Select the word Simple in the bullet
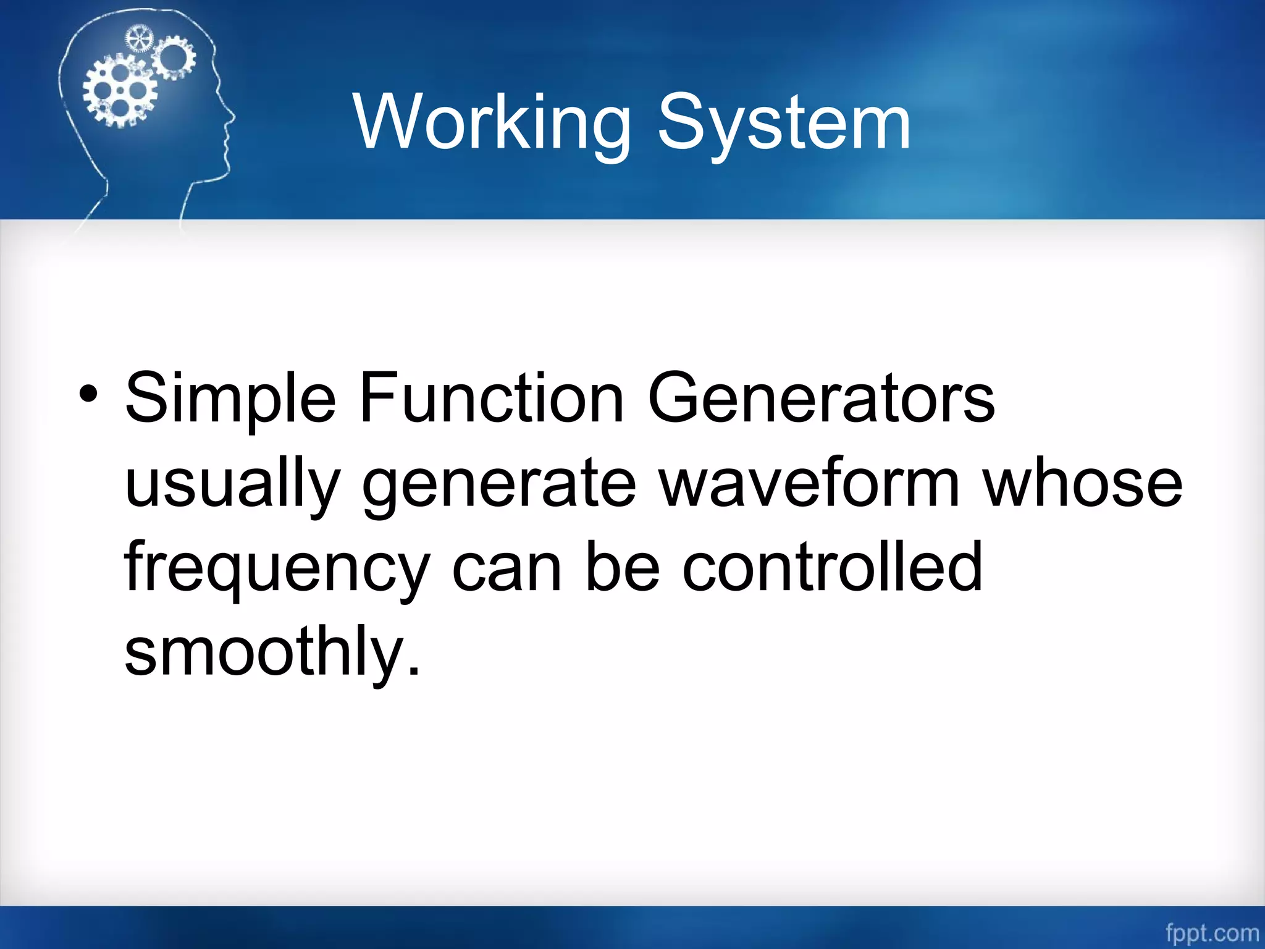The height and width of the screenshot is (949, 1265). [230, 399]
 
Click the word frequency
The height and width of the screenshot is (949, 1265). [276, 568]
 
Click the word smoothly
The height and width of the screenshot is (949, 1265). [272, 652]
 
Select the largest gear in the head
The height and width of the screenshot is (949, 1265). [120, 91]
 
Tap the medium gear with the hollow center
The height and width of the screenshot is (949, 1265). [174, 57]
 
